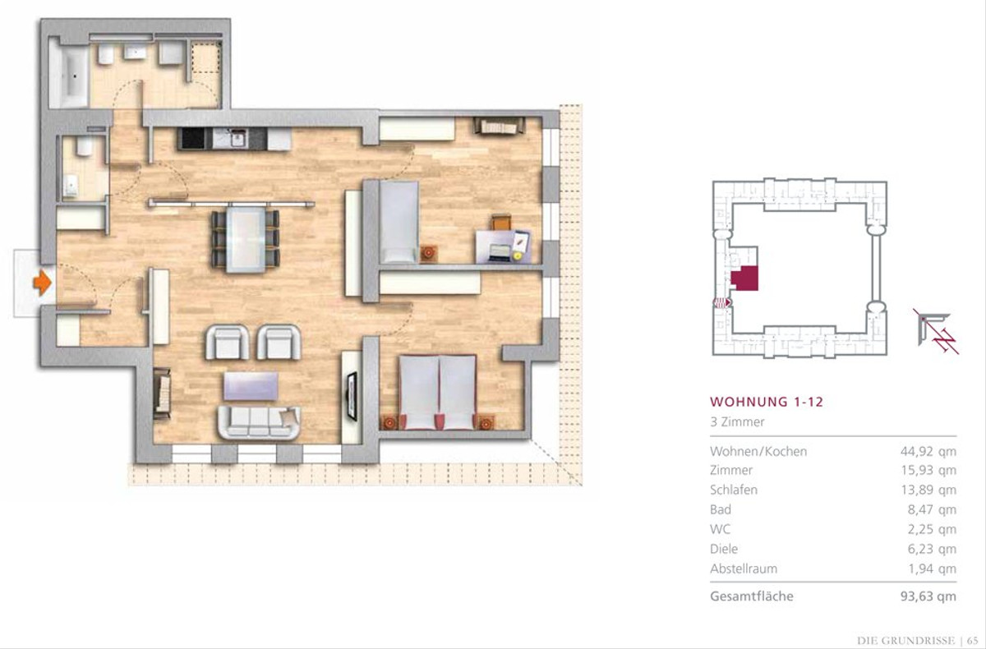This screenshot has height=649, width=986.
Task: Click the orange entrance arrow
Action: (x=42, y=283)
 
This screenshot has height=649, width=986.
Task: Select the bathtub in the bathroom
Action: (x=69, y=76)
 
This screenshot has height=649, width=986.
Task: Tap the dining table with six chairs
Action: (x=246, y=240)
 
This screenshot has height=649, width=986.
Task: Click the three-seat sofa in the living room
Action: (x=260, y=422)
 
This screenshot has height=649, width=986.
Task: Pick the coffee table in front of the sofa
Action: (x=251, y=386)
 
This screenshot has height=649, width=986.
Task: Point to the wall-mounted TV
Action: (x=352, y=396)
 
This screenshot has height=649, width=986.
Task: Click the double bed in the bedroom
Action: (x=437, y=393)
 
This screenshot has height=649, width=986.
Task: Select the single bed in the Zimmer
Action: (x=399, y=222)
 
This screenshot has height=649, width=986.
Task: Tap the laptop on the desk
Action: (x=500, y=252)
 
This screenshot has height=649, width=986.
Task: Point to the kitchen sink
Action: (x=237, y=139)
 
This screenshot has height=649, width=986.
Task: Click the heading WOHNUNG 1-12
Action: (x=767, y=402)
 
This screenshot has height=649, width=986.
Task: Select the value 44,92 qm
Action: (x=928, y=452)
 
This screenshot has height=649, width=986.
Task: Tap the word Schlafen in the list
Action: (x=733, y=490)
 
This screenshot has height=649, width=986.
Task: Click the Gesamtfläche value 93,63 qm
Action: (x=928, y=596)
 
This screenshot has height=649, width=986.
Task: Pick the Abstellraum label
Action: (x=744, y=568)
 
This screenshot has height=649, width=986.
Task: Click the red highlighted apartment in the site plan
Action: (x=745, y=278)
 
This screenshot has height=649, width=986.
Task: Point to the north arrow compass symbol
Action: (x=936, y=331)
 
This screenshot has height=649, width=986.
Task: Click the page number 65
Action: (x=972, y=640)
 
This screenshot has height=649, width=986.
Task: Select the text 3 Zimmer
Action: (x=737, y=422)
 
